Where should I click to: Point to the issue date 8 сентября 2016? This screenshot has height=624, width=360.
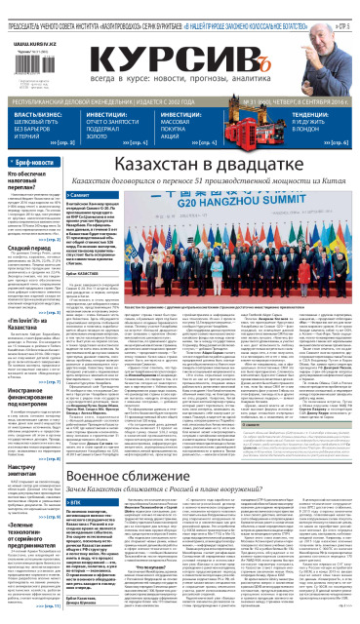tap(314, 99)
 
